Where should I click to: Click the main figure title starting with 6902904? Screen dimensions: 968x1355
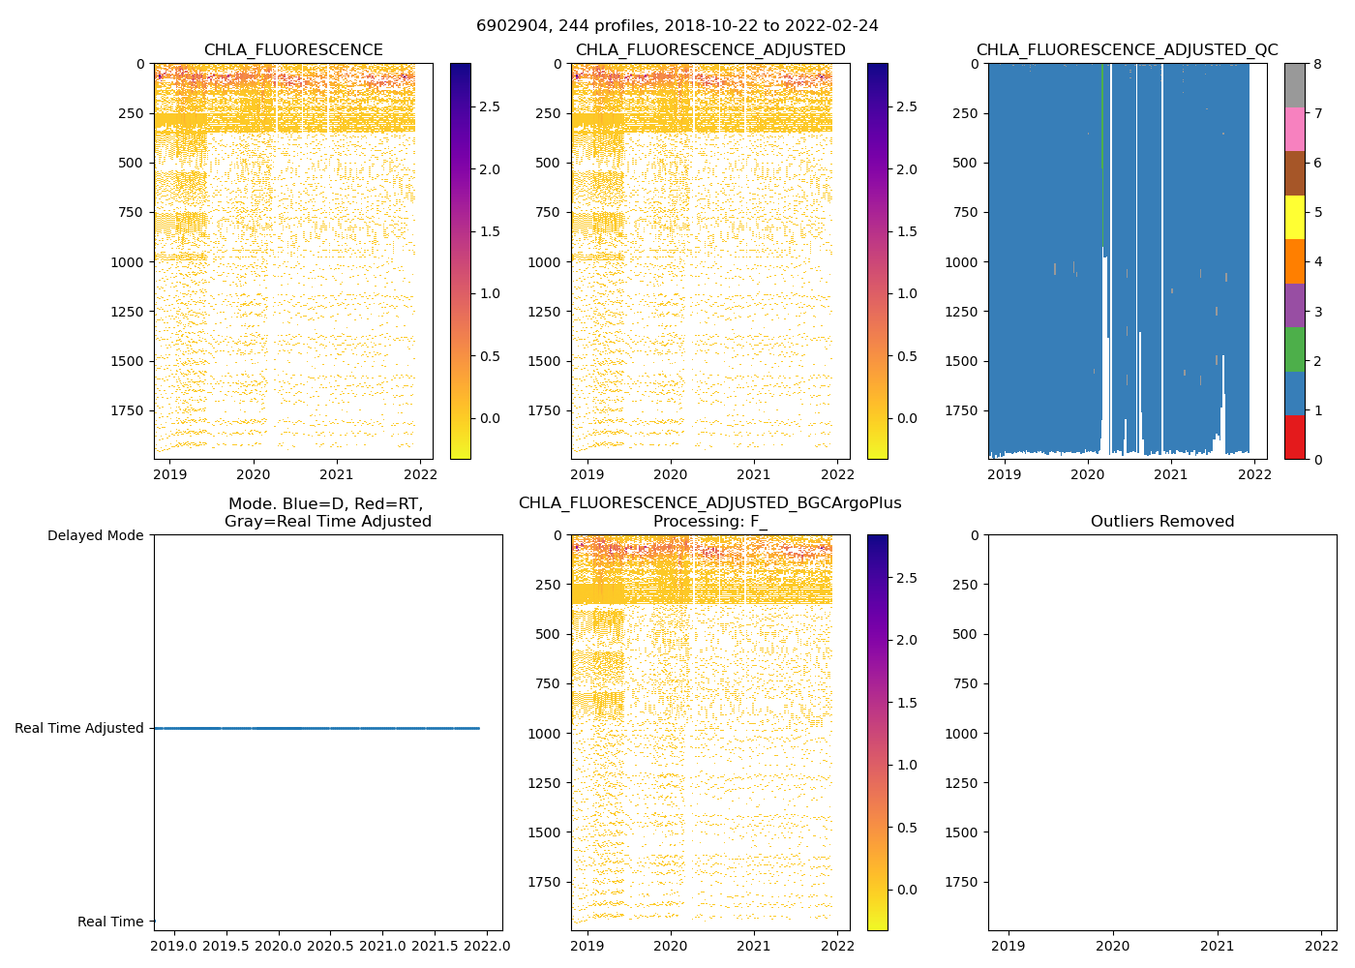677,26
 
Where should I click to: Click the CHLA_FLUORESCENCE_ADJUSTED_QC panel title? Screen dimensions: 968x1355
1127,50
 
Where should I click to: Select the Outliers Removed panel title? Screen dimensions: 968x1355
1161,522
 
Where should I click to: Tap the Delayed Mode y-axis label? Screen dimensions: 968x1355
95,535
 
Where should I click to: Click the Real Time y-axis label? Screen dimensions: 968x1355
110,922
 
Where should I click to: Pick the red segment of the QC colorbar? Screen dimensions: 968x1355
1294,437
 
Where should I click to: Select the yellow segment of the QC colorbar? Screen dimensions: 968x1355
1294,217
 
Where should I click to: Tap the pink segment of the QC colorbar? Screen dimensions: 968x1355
1294,129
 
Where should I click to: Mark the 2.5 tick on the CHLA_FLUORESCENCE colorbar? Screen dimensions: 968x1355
491,106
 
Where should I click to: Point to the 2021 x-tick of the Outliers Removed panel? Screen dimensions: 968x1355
1217,946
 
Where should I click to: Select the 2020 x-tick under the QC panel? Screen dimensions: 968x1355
1087,474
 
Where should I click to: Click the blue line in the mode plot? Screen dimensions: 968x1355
316,728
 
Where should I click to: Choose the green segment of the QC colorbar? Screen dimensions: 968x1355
1294,348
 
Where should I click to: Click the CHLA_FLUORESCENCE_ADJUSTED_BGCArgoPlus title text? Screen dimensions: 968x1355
709,503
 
